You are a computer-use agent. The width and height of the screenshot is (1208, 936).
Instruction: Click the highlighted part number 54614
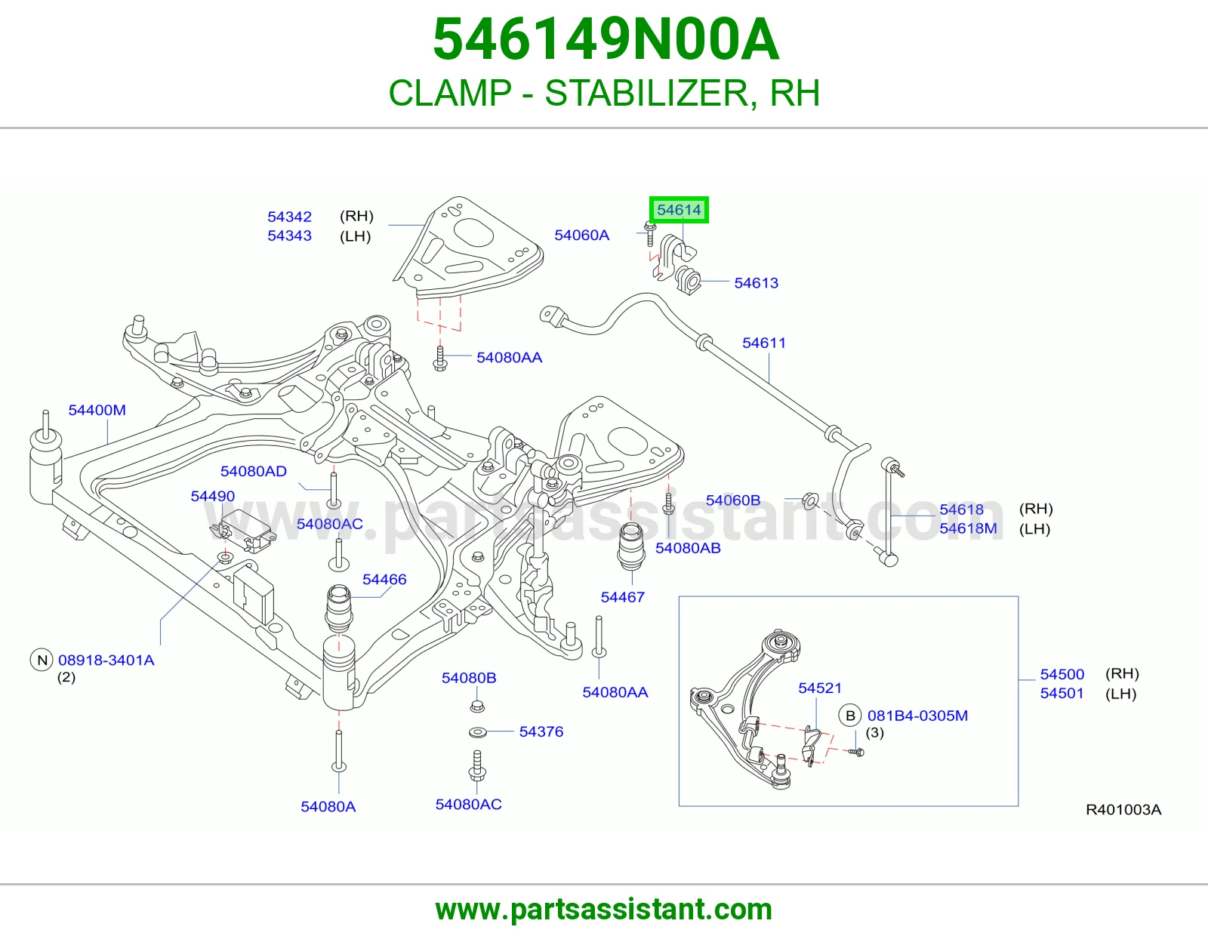point(679,210)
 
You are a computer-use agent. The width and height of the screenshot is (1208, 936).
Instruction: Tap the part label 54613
point(756,283)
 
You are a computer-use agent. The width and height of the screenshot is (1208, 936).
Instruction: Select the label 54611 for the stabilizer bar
point(764,343)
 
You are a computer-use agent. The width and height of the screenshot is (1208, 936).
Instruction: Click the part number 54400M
point(97,410)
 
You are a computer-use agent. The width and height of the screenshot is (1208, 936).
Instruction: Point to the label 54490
point(212,497)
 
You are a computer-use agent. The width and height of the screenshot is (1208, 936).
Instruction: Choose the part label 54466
point(384,580)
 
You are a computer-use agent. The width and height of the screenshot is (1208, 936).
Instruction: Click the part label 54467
point(623,598)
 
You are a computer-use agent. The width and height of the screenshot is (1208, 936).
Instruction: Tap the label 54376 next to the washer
point(541,732)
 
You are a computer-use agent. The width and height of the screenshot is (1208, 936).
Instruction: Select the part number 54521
point(820,688)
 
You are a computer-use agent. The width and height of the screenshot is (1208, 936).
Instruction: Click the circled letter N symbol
point(42,660)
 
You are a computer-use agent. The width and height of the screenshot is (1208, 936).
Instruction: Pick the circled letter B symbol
point(850,716)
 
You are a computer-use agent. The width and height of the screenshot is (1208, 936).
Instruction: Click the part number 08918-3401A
point(106,660)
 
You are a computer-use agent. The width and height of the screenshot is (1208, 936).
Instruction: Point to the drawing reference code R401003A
point(1123,810)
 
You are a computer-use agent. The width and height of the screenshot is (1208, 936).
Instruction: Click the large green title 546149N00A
point(606,39)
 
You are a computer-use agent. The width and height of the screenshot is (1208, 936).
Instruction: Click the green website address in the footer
point(604,910)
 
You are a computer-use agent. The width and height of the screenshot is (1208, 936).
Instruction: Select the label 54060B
point(732,500)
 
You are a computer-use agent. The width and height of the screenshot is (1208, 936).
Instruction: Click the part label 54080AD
point(254,471)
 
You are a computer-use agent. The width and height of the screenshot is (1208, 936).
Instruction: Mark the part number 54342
point(289,217)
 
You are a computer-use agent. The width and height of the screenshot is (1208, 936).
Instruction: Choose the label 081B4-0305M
point(917,716)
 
